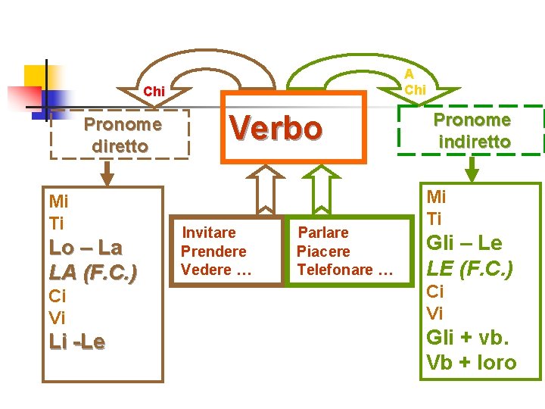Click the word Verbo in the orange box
tap(276, 128)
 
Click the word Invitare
tap(209, 233)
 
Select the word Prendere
tap(213, 251)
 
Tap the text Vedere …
tap(216, 270)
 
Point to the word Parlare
tap(323, 233)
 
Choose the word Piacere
tap(323, 251)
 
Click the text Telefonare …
tap(345, 270)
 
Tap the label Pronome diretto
tap(122, 135)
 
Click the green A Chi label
tap(413, 82)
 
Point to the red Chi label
tap(154, 91)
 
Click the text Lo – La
tap(86, 248)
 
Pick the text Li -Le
tap(77, 342)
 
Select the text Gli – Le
tap(464, 243)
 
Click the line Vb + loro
tap(471, 363)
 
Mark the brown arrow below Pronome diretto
tap(107, 173)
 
